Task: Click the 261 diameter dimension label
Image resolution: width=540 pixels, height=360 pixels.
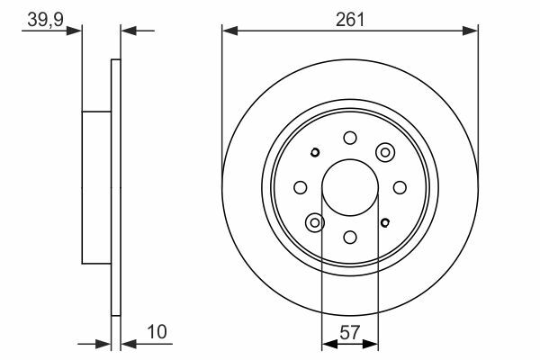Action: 349,20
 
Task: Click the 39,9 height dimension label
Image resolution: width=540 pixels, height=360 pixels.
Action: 46,20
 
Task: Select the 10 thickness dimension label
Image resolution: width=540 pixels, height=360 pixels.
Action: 157,332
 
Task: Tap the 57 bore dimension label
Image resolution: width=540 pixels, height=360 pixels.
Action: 349,332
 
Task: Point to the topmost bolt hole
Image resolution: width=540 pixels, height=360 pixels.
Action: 350,138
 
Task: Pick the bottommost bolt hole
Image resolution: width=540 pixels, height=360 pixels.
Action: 350,238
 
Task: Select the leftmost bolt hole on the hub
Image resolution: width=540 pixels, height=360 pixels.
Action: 301,188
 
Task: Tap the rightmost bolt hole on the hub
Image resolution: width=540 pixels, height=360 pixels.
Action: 400,188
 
